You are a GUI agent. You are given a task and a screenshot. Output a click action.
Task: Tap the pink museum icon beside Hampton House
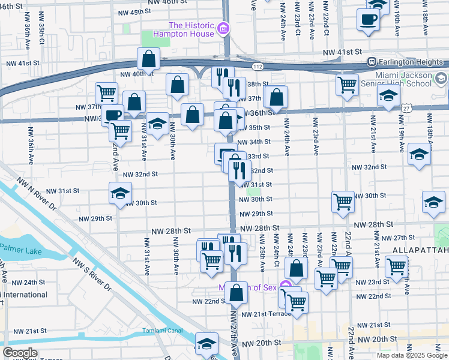[223, 29]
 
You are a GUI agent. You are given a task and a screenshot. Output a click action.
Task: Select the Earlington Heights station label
[412, 61]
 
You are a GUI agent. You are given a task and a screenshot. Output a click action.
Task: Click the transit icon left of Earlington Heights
[372, 61]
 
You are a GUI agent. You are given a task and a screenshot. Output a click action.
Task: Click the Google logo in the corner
[20, 353]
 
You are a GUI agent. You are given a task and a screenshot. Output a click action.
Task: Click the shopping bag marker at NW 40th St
[148, 59]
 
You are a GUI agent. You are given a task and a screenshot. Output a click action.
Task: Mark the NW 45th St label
[135, 12]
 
